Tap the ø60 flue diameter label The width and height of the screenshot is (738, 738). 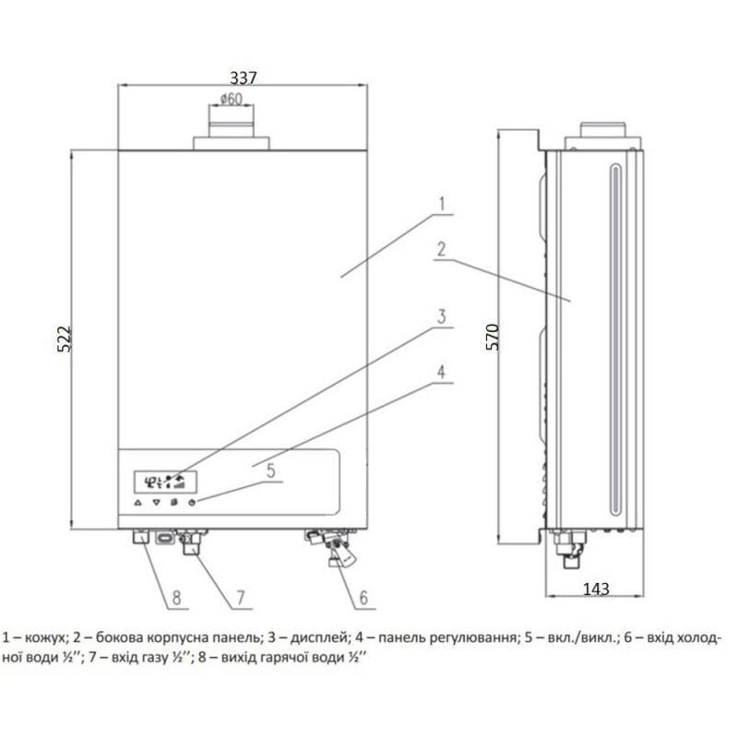(x=231, y=100)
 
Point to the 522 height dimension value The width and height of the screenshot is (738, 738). (x=64, y=340)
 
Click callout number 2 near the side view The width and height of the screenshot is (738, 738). (x=442, y=248)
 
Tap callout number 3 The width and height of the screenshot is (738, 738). (x=442, y=316)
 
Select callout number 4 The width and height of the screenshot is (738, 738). (x=442, y=373)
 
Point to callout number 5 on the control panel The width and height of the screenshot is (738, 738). (x=270, y=470)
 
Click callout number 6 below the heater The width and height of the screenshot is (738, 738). (x=363, y=598)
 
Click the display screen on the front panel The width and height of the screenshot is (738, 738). (x=160, y=481)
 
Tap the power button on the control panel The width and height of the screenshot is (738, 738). (x=192, y=504)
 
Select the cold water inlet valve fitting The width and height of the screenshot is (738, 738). (x=335, y=549)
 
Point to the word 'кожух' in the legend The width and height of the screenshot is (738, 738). (x=46, y=637)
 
